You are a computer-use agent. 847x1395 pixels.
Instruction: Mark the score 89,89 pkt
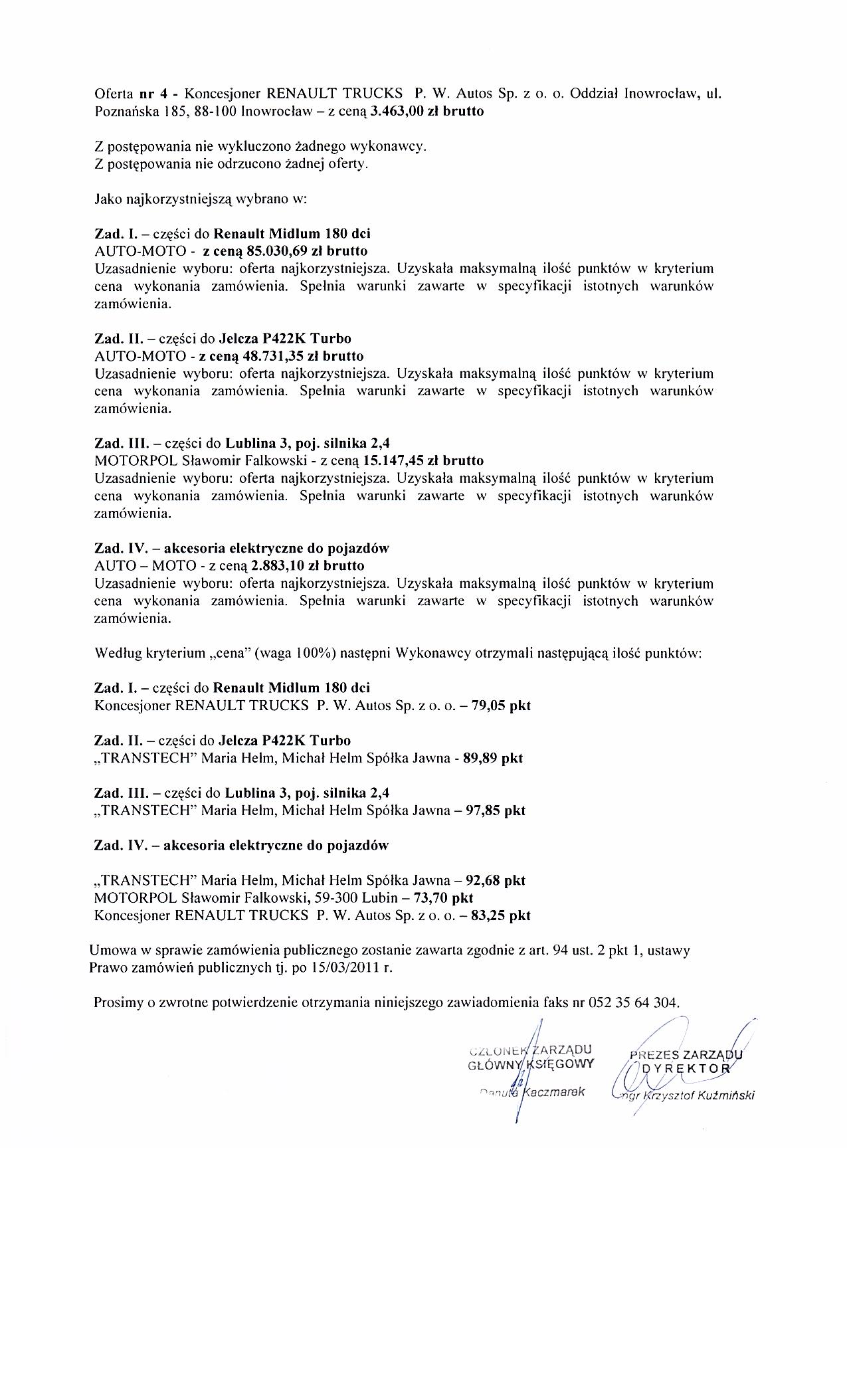pyautogui.click(x=494, y=758)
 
